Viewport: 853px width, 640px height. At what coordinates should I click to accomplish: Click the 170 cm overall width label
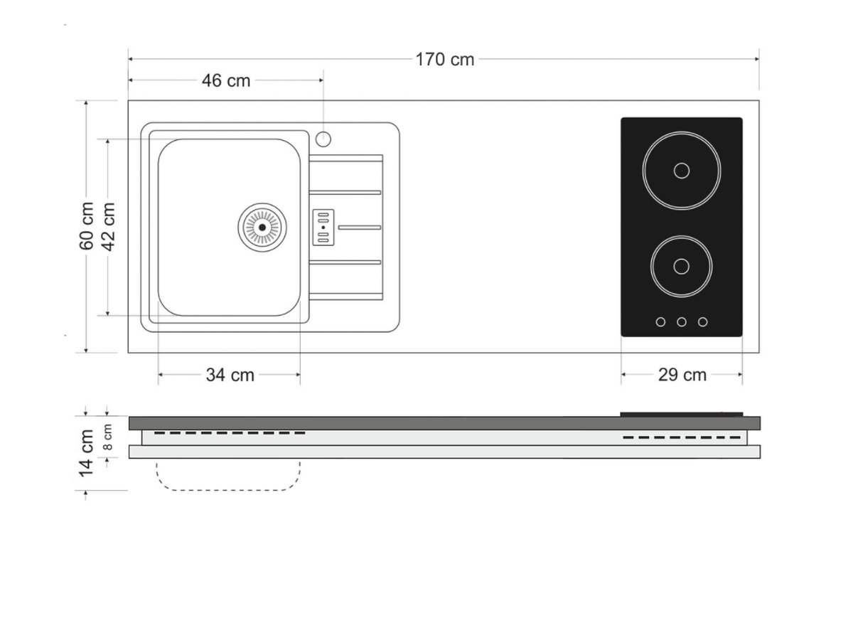445,59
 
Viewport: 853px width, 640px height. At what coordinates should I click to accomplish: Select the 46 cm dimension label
226,80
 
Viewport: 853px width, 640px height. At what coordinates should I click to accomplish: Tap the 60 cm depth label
87,226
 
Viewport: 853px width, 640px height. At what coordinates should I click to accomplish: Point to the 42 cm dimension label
108,226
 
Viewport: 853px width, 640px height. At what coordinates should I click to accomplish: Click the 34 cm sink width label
230,375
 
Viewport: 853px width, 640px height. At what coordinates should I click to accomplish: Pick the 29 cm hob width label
682,375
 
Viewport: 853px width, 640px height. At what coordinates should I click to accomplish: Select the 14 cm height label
87,452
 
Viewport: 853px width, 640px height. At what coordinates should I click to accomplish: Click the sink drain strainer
262,227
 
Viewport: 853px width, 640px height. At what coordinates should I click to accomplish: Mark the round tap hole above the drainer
323,139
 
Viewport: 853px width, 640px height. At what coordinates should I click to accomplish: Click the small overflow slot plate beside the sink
323,227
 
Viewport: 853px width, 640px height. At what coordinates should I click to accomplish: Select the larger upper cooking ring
681,171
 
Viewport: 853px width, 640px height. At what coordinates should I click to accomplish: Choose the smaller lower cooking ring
681,266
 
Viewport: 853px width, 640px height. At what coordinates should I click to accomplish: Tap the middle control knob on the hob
681,322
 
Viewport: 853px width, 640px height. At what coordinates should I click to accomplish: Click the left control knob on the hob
660,322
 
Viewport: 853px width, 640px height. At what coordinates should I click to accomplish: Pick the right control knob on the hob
702,322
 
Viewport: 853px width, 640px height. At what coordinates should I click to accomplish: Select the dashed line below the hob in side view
681,437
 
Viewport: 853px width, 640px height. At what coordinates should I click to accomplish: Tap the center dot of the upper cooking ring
681,171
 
